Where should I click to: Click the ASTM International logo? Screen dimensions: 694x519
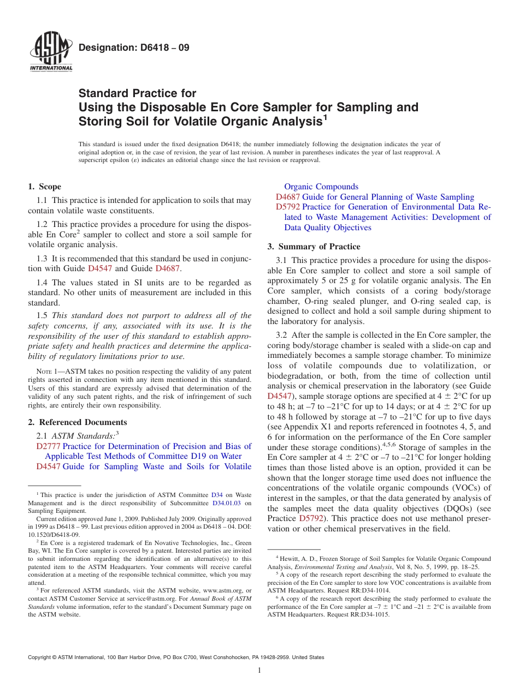pos(51,53)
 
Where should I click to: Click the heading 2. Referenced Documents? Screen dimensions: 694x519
pos(77,422)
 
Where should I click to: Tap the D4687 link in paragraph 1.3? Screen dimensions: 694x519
pos(167,268)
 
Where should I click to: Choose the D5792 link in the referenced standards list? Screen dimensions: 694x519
pos(288,207)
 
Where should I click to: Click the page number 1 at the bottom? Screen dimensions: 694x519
pos(259,670)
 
